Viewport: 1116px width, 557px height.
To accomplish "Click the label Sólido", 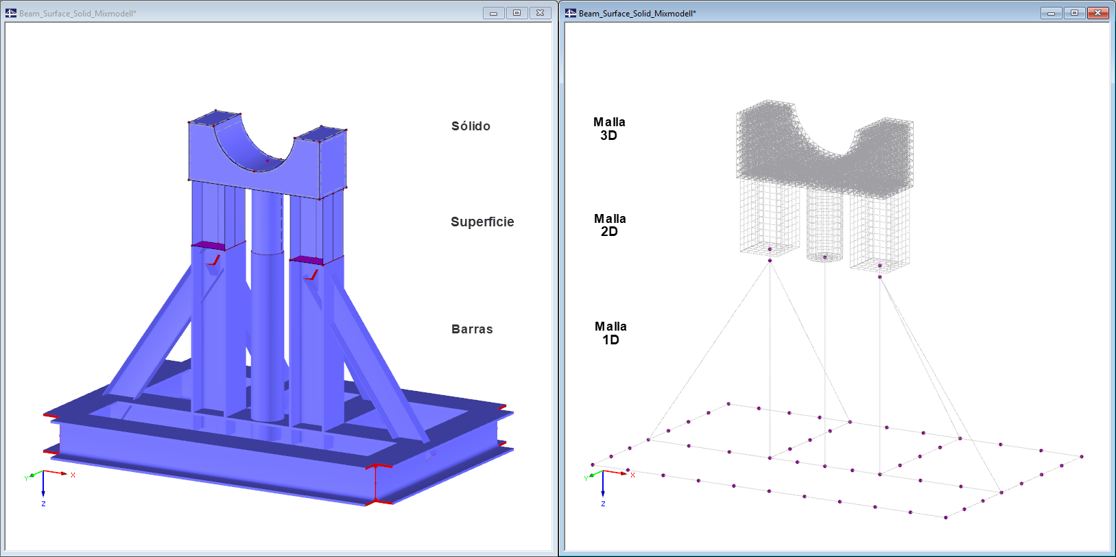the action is click(x=471, y=126).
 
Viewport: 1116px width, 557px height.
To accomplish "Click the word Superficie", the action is click(x=482, y=222).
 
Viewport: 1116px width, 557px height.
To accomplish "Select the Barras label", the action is click(x=472, y=329).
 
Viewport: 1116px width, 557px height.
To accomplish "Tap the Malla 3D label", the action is click(x=609, y=128).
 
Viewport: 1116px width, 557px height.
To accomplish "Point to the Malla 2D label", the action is click(x=610, y=225).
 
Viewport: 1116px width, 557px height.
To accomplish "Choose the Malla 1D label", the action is click(x=610, y=333).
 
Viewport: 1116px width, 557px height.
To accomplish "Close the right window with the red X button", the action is click(x=1097, y=13).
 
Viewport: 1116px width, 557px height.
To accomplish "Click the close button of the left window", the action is click(x=540, y=13).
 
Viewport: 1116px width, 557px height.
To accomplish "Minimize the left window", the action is click(x=494, y=13).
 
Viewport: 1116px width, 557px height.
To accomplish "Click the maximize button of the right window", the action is click(x=1075, y=13).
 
